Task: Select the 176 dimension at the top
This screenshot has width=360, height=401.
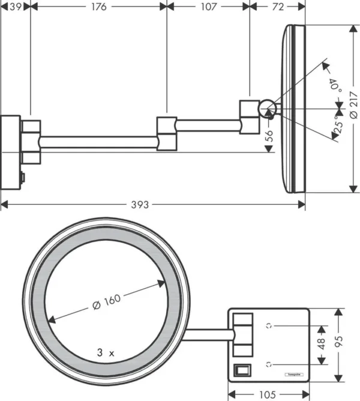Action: pyautogui.click(x=98, y=7)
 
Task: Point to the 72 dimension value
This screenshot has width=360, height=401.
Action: pyautogui.click(x=278, y=7)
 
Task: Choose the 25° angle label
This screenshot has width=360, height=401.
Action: pyautogui.click(x=340, y=125)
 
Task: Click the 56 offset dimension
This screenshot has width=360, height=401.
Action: pyautogui.click(x=269, y=136)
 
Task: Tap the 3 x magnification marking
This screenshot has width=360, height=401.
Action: pyautogui.click(x=106, y=354)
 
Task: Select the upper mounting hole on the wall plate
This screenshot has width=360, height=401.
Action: pyautogui.click(x=270, y=326)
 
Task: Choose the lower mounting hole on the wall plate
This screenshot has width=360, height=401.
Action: pyautogui.click(x=270, y=363)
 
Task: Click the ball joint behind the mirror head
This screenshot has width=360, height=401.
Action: pyautogui.click(x=266, y=109)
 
